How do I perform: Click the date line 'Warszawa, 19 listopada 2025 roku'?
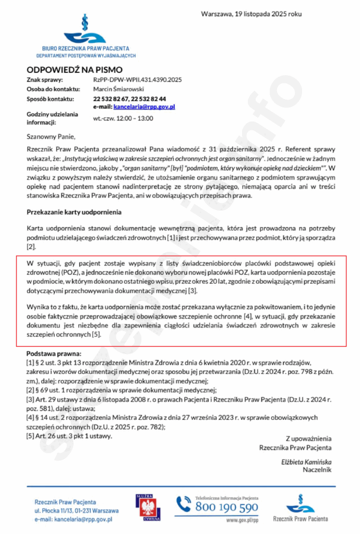(x=251, y=14)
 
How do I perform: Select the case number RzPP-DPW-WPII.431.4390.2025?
(x=137, y=80)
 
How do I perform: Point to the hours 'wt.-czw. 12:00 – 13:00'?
(x=123, y=118)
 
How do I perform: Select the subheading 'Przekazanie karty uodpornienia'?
(x=75, y=212)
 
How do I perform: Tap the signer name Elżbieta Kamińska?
(x=306, y=462)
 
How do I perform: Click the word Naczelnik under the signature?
(x=317, y=470)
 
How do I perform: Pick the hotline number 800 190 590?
(x=226, y=507)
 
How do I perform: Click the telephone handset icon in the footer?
(x=184, y=504)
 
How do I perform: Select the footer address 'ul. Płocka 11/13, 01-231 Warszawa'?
(x=77, y=511)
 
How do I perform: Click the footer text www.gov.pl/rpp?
(x=242, y=520)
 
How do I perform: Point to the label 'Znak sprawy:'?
(x=45, y=80)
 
